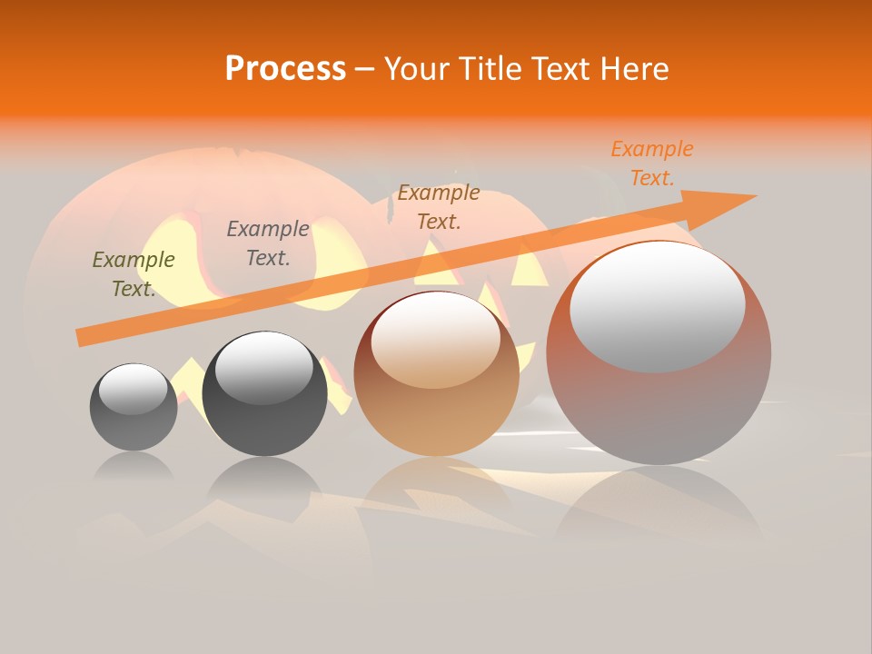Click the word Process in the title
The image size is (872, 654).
[285, 69]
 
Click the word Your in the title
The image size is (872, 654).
[417, 69]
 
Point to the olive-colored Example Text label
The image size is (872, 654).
[134, 274]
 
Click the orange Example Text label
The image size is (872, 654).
[652, 163]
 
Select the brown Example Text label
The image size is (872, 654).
[439, 206]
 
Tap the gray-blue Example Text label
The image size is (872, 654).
[268, 243]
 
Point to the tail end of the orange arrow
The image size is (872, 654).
[84, 337]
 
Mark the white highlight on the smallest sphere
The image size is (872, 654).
[134, 389]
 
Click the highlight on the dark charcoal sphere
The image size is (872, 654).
[264, 368]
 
